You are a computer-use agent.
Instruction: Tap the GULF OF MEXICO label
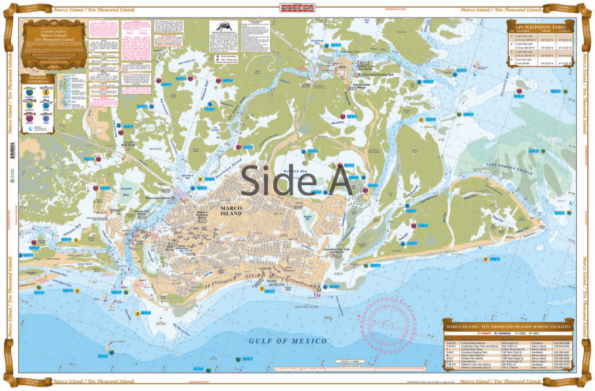pos(287,341)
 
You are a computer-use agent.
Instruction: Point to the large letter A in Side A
pos(335,179)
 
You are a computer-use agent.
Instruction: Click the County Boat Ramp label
pos(127,142)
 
